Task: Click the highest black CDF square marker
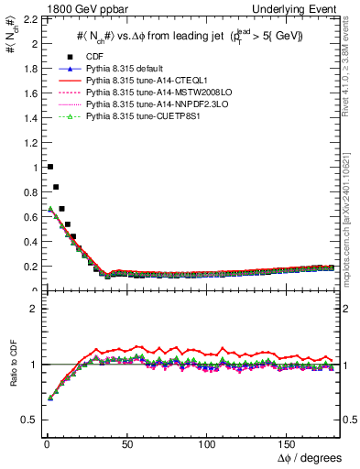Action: point(49,167)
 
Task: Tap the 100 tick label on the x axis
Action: point(208,442)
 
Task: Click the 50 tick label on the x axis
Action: point(127,442)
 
